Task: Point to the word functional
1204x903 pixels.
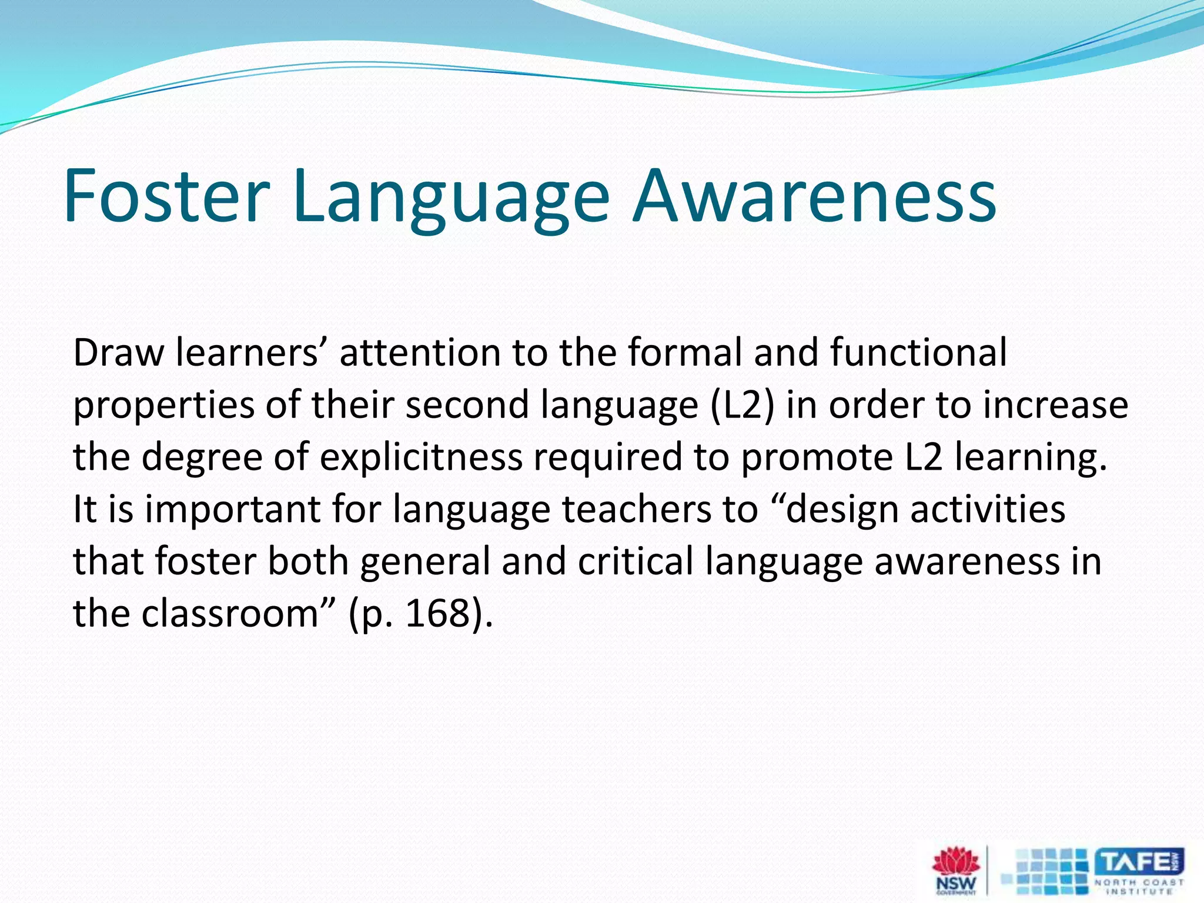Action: click(x=918, y=353)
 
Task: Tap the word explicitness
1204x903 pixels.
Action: click(x=420, y=457)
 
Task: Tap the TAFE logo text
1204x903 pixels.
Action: click(x=1138, y=862)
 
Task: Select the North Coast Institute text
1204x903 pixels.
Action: click(x=1139, y=887)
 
